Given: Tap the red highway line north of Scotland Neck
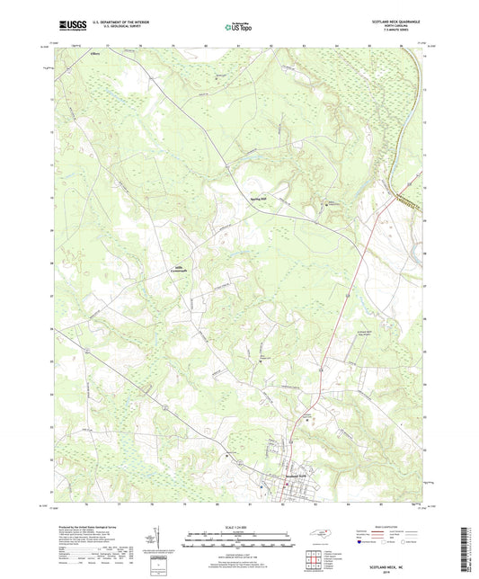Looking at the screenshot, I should (342, 315).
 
